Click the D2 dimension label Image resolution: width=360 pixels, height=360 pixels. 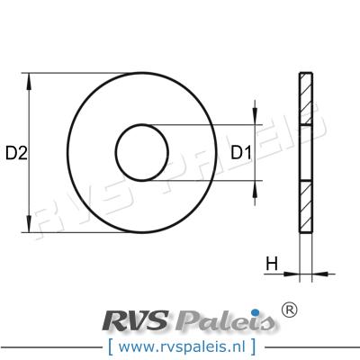click(16, 153)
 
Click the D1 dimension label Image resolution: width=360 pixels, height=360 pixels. click(241, 153)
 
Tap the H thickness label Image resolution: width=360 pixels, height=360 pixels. click(272, 265)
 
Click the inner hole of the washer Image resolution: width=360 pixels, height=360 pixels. click(142, 153)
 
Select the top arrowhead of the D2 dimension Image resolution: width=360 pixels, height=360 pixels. click(29, 81)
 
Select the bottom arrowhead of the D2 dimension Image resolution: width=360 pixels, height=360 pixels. click(29, 224)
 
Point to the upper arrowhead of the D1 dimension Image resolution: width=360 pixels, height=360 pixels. click(255, 116)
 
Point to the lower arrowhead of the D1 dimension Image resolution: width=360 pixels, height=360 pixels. click(255, 189)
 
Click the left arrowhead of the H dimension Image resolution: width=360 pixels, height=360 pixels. click(292, 274)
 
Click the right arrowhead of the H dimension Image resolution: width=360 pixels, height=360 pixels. click(319, 274)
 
